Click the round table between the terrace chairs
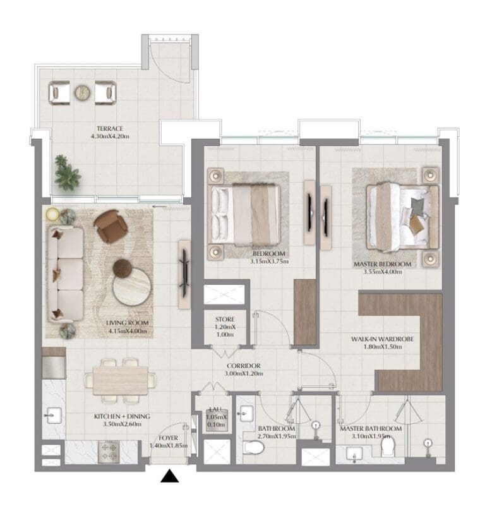point(83,93)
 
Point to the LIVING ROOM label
point(127,323)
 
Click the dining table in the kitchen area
point(119,381)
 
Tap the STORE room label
point(224,319)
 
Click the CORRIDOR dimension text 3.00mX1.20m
point(244,374)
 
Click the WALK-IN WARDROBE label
point(382,339)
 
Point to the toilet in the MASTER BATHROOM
point(388,448)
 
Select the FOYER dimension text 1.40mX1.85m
point(168,446)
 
